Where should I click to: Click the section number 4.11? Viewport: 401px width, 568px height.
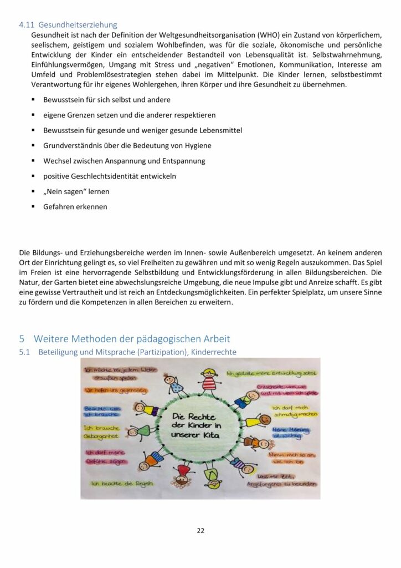point(26,25)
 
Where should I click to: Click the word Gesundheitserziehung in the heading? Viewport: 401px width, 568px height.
point(79,25)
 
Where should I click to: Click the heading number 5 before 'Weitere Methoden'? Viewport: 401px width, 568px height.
point(22,338)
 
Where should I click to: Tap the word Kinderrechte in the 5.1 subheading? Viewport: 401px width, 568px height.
point(213,352)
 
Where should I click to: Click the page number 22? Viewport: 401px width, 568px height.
point(200,530)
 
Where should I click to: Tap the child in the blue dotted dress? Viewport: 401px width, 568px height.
point(176,384)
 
